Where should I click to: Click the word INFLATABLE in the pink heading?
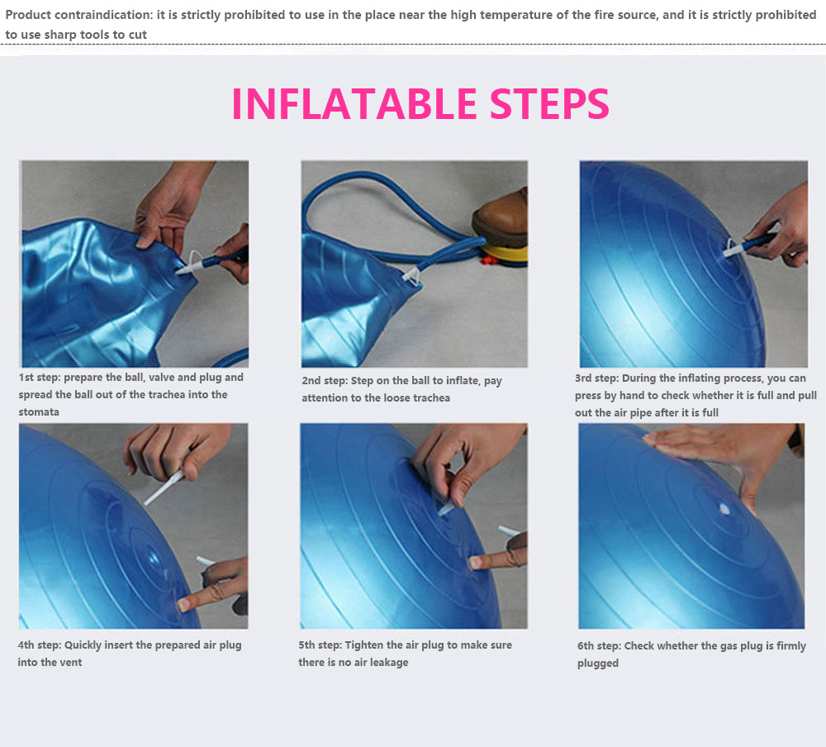(354, 103)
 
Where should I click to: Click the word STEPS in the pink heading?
(550, 103)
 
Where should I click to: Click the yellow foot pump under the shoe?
(504, 254)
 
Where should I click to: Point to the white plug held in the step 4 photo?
(164, 488)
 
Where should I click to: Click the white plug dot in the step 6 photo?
(725, 509)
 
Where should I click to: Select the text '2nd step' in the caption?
(324, 381)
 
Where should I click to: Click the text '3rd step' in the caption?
(596, 378)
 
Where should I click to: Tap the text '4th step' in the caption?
(39, 645)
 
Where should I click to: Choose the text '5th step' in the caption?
(320, 645)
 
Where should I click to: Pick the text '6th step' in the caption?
(598, 646)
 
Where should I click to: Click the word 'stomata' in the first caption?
(39, 412)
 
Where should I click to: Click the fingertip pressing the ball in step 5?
(475, 563)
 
